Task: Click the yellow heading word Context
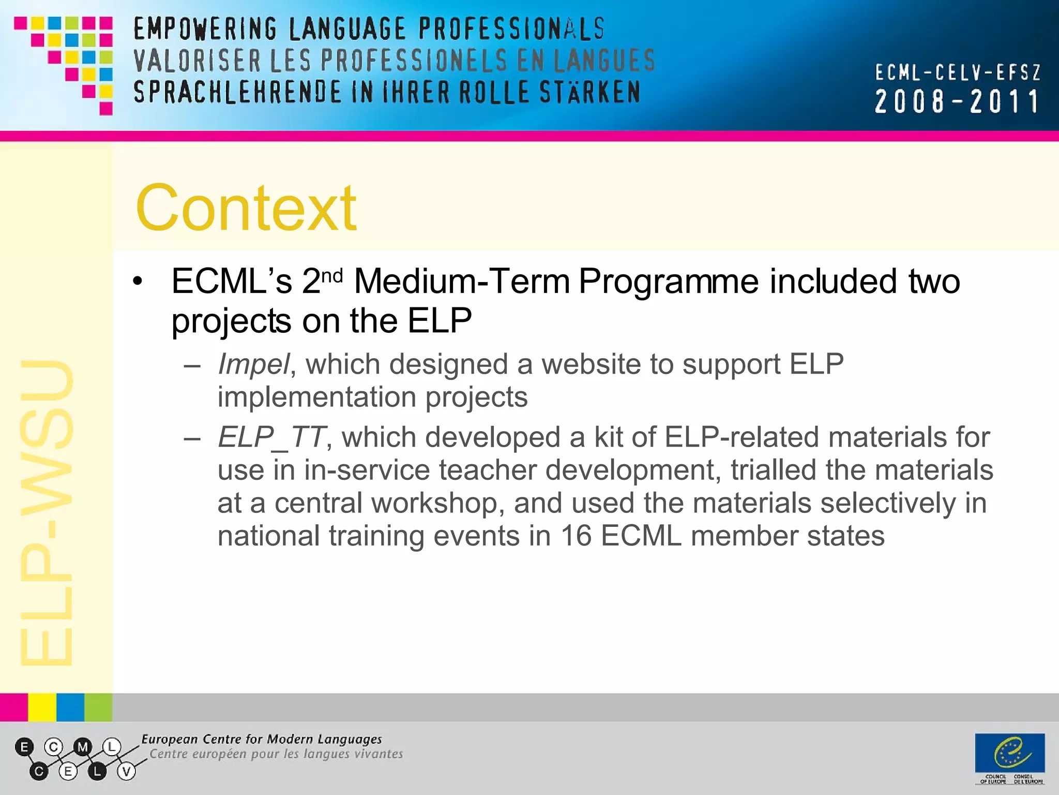click(x=246, y=208)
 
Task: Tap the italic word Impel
click(x=253, y=364)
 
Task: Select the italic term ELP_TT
click(x=271, y=437)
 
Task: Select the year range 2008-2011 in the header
click(x=957, y=101)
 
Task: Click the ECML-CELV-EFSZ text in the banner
click(x=958, y=72)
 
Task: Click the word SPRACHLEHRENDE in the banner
click(x=237, y=93)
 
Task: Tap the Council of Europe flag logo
click(x=1009, y=753)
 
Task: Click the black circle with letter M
click(x=83, y=747)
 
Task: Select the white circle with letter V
click(x=126, y=772)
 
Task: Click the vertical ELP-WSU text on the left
click(x=47, y=512)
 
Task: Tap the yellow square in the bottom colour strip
click(x=42, y=707)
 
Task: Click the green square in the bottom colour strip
click(x=98, y=707)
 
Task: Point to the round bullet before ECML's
click(x=137, y=282)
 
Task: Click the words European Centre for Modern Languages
click(x=262, y=739)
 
